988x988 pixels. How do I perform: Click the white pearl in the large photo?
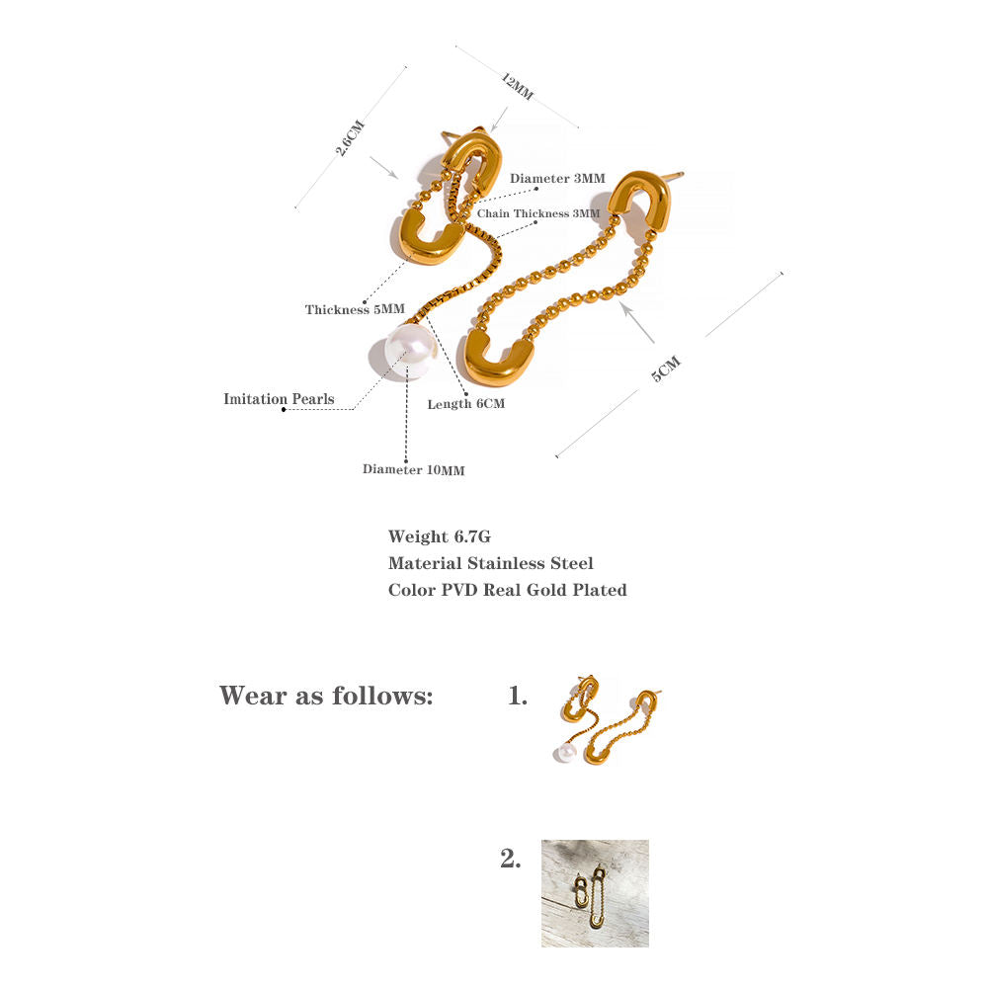tap(410, 353)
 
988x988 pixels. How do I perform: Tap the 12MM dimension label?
tap(518, 86)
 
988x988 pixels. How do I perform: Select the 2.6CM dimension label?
tap(350, 137)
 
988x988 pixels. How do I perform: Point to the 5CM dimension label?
tap(666, 369)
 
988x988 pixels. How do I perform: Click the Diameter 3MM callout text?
tap(557, 178)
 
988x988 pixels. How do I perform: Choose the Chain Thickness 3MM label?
tap(538, 213)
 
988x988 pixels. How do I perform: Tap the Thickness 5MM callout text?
tap(355, 309)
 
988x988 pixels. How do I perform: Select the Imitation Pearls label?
tap(280, 399)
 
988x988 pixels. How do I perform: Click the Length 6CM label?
tap(466, 404)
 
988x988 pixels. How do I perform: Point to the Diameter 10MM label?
tap(413, 469)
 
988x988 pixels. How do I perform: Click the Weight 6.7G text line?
tap(440, 536)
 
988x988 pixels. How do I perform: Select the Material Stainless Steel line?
tap(491, 563)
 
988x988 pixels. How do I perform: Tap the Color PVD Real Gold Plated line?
tap(507, 590)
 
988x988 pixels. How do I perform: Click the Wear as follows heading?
tap(326, 696)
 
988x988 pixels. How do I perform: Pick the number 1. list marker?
tap(518, 696)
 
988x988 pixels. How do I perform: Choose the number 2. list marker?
tap(511, 859)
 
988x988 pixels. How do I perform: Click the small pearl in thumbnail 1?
tap(564, 752)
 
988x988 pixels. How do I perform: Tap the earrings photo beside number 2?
tap(595, 893)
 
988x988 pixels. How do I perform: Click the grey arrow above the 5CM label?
tap(637, 322)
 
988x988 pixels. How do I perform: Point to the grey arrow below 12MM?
tap(499, 120)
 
